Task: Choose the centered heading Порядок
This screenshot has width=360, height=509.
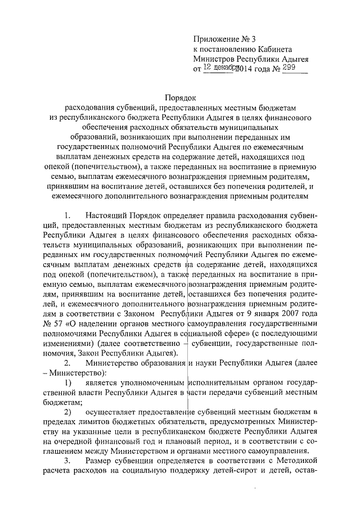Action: (180, 97)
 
